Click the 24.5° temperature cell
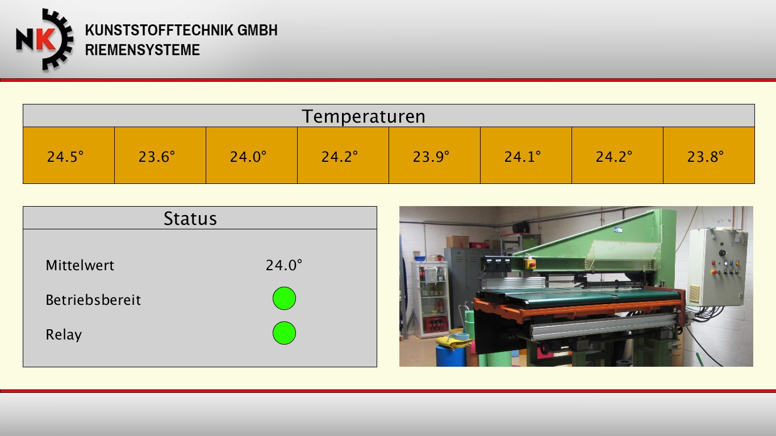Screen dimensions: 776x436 pyautogui.click(x=69, y=155)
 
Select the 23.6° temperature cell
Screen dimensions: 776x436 pyautogui.click(x=160, y=155)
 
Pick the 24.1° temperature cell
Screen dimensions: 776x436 pyautogui.click(x=526, y=155)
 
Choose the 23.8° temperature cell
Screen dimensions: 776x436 pyautogui.click(x=709, y=155)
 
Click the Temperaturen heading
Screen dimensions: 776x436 pyautogui.click(x=364, y=116)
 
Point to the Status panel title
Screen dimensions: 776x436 pyautogui.click(x=190, y=218)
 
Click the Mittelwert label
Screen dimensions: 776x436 pyautogui.click(x=80, y=265)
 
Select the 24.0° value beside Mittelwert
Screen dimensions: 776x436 pyautogui.click(x=283, y=265)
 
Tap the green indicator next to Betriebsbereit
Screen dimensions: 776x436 pyautogui.click(x=284, y=298)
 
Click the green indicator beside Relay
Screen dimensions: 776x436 pyautogui.click(x=284, y=333)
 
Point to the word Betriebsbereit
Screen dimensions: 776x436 pyautogui.click(x=93, y=300)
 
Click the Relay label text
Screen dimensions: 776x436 pyautogui.click(x=64, y=335)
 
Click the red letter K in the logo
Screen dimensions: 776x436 pyautogui.click(x=45, y=39)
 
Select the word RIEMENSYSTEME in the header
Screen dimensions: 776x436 pyautogui.click(x=143, y=50)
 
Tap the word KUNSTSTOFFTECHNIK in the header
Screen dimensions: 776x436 pyautogui.click(x=159, y=30)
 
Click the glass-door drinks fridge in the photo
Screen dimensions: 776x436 pyautogui.click(x=430, y=299)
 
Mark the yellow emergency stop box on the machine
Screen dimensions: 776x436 pyautogui.click(x=530, y=264)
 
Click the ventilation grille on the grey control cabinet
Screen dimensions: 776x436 pyautogui.click(x=694, y=294)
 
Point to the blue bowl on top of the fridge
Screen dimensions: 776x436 pyautogui.click(x=420, y=258)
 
